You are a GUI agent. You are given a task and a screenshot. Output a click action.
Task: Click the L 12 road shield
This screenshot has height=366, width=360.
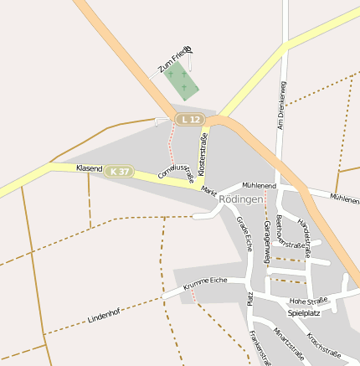tap(190, 121)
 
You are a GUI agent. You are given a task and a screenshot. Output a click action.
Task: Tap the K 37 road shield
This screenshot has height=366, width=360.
tap(120, 172)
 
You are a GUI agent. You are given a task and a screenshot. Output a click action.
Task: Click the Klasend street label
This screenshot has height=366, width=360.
tap(89, 168)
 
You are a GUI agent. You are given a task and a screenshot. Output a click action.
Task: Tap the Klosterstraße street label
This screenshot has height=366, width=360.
tap(203, 148)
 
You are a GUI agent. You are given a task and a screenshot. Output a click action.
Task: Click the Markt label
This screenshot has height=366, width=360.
tap(208, 191)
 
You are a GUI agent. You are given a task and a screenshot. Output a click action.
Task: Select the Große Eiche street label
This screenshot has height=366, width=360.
tap(244, 234)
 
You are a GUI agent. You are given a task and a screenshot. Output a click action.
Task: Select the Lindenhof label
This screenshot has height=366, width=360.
tap(104, 316)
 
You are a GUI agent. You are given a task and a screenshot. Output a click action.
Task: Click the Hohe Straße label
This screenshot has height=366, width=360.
tap(308, 301)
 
